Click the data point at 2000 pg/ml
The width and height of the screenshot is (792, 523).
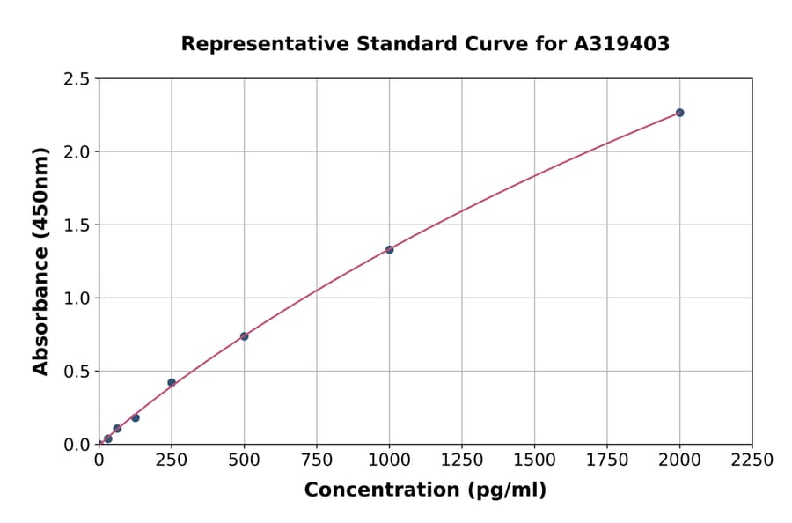pos(679,113)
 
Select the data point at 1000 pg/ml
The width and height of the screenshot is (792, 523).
pos(389,249)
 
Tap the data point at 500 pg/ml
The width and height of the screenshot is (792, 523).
pos(244,336)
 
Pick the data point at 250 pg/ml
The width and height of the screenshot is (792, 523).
pos(172,382)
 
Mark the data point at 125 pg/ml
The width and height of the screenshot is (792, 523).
pos(136,417)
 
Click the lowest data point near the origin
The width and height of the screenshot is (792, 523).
pos(108,438)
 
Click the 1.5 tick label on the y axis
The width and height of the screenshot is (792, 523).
pos(77,225)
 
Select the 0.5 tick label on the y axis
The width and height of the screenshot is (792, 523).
pos(77,372)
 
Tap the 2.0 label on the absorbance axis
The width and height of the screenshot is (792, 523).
pos(77,152)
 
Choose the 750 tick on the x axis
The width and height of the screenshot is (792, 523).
pos(317,460)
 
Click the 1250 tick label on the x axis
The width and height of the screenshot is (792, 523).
pos(462,460)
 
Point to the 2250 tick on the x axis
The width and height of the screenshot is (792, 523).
pos(752,460)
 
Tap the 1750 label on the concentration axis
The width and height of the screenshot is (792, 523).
pos(607,460)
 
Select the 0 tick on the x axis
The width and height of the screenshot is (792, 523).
pos(99,460)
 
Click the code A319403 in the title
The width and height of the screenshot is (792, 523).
pos(623,44)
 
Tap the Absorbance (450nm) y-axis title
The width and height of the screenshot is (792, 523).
pos(40,261)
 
